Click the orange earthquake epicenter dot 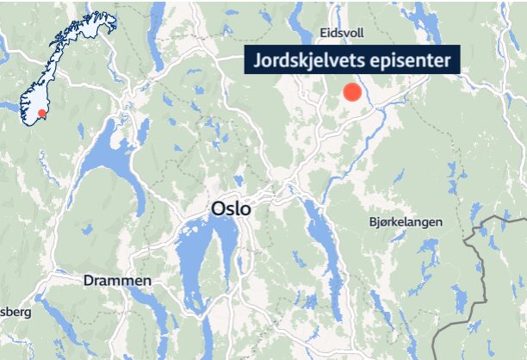(351, 92)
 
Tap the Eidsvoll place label (342, 33)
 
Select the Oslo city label (230, 208)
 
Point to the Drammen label (117, 281)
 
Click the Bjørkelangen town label (404, 221)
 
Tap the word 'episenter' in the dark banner (411, 61)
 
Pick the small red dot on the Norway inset (40, 114)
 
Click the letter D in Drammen (89, 281)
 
